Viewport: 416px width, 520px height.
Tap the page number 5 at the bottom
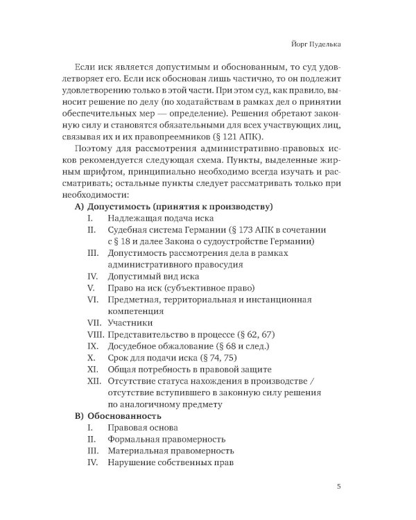338,485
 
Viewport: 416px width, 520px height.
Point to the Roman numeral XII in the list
94,382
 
